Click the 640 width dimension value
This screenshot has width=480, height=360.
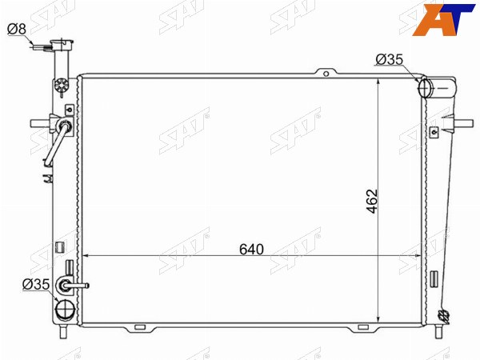[x=251, y=249]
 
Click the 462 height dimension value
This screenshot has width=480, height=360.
[x=373, y=201]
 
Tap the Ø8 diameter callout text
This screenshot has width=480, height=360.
[x=17, y=29]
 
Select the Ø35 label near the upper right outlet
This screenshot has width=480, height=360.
[x=390, y=59]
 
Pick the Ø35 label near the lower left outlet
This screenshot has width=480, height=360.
[x=36, y=284]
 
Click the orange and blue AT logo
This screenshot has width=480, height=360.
[x=443, y=20]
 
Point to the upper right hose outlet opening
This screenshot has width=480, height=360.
[x=425, y=88]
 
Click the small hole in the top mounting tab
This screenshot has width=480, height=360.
[x=326, y=74]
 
